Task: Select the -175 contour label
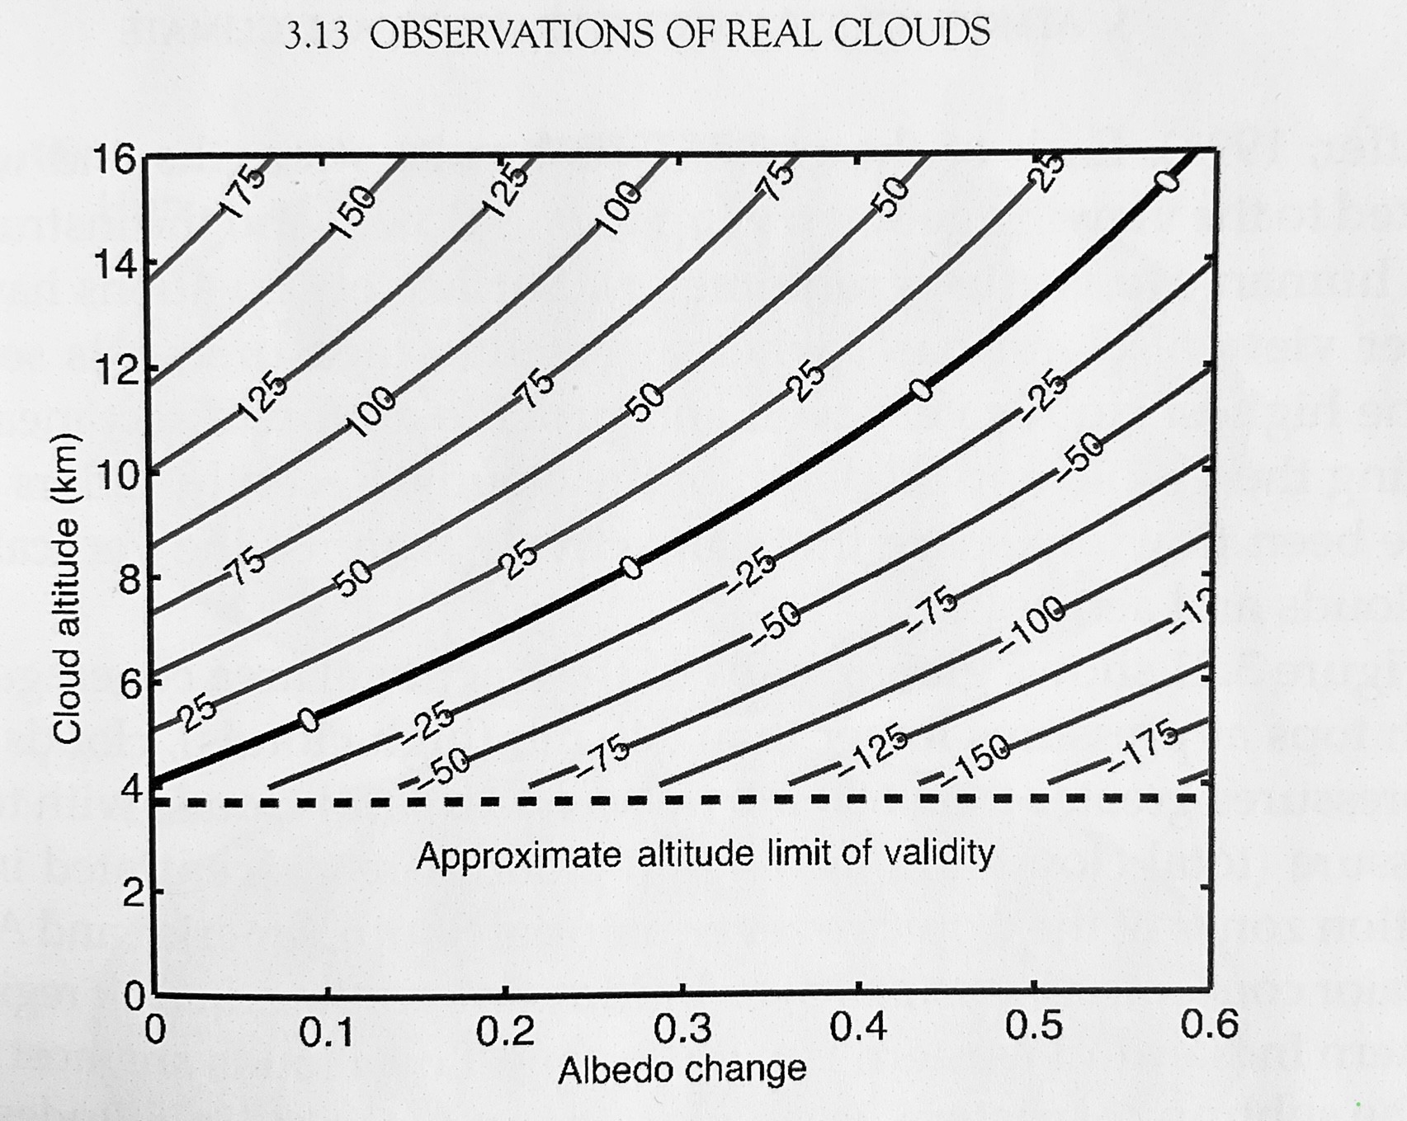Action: [x=1144, y=744]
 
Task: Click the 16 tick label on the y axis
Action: [x=115, y=158]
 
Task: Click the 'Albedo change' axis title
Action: [x=682, y=1070]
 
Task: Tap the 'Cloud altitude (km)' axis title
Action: [x=68, y=587]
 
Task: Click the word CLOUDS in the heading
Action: [x=912, y=33]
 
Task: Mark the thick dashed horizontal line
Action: [x=677, y=800]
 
